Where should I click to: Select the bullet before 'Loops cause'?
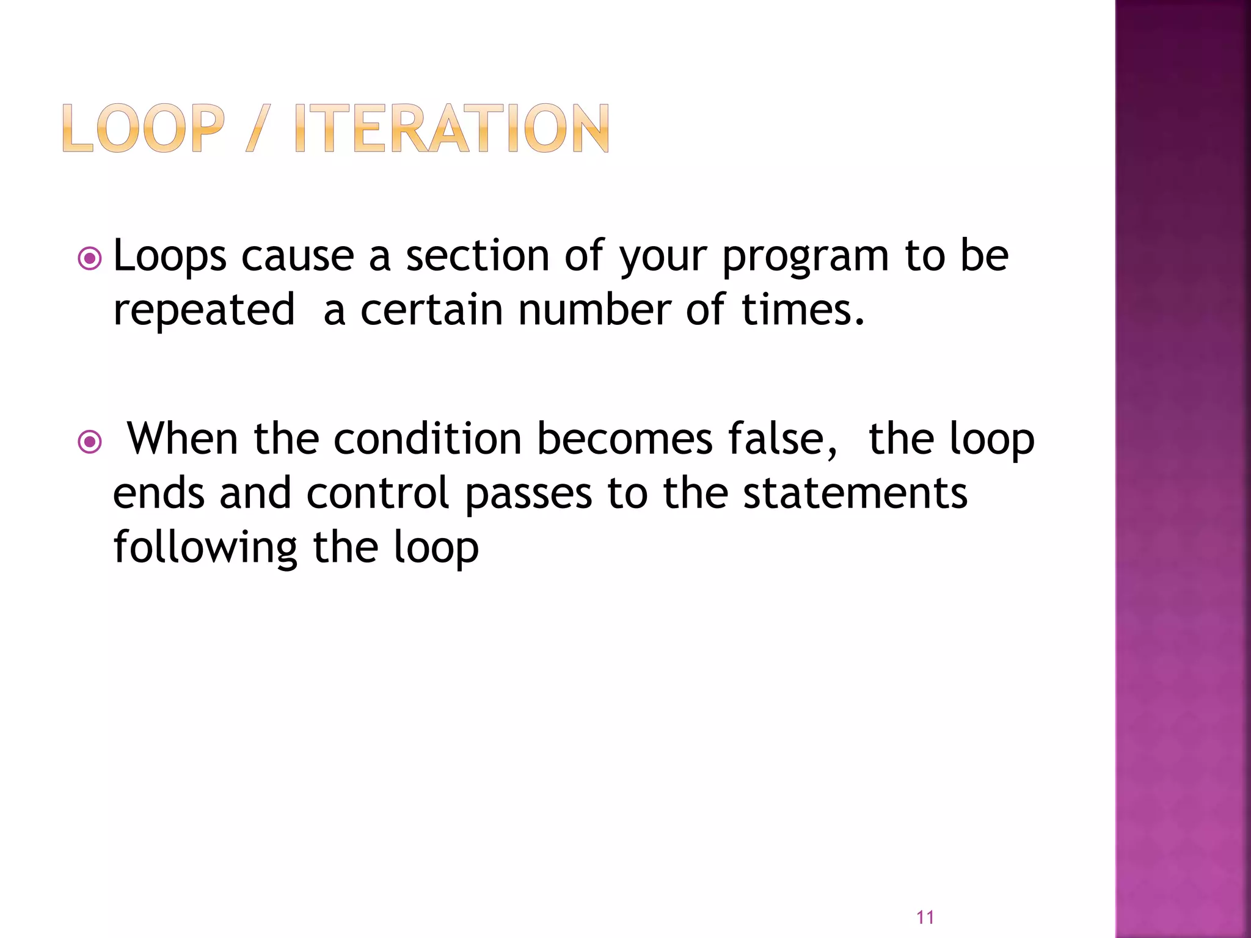90,259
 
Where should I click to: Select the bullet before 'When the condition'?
90,441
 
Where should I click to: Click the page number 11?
925,917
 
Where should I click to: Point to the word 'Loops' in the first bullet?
170,256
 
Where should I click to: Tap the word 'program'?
805,256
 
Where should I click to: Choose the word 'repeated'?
204,310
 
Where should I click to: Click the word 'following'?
205,547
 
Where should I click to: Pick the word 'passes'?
528,493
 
